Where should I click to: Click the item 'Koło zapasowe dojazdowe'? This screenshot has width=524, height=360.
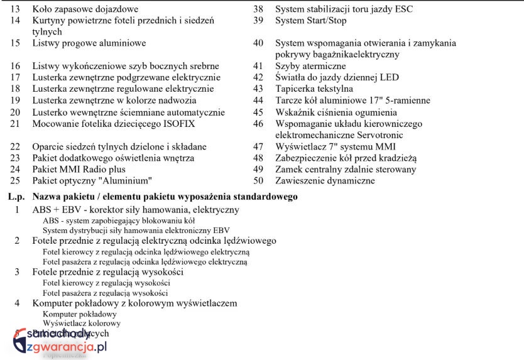coord(85,9)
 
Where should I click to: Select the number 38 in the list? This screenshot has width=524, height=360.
coord(258,9)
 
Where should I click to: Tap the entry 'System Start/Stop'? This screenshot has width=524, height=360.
coord(310,21)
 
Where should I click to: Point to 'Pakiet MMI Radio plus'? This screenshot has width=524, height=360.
coord(79,169)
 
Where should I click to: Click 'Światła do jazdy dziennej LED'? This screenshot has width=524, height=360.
coord(337,77)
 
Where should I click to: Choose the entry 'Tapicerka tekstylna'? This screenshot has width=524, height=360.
coord(314,89)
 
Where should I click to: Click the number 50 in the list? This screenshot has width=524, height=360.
coord(258,180)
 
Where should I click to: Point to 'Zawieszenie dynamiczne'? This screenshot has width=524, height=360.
coord(325,180)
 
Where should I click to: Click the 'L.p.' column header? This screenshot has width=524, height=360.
coord(16,197)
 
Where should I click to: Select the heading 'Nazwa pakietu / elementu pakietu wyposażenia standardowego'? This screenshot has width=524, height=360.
coord(165,197)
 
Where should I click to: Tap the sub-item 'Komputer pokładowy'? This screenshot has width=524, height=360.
coord(79,314)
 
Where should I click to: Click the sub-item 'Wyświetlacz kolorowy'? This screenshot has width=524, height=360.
coord(82,323)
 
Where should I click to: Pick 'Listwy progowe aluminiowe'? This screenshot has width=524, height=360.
coord(89,43)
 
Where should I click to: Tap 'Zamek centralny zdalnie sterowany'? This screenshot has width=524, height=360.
coord(346,169)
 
